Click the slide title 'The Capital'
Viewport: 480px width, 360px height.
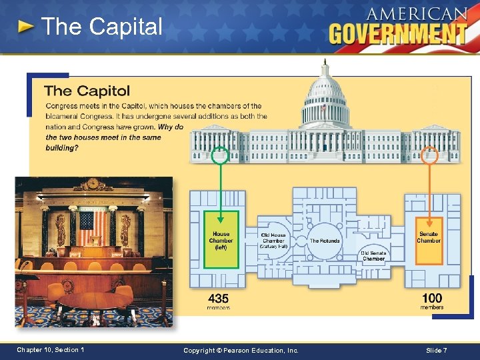click(101, 27)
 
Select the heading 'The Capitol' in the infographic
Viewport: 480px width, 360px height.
click(87, 91)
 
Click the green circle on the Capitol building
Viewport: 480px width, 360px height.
click(220, 156)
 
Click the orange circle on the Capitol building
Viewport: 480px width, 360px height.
click(429, 156)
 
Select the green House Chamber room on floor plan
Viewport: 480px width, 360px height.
click(220, 239)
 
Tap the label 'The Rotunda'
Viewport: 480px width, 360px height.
click(325, 241)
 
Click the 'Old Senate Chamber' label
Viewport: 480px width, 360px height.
click(373, 256)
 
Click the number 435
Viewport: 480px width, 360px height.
click(219, 298)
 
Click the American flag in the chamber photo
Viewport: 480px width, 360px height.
click(93, 227)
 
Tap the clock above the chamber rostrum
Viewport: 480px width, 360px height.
click(93, 182)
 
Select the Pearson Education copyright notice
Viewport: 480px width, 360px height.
click(240, 351)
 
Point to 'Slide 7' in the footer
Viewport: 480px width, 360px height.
click(435, 351)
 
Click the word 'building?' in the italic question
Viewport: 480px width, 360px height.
click(61, 148)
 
